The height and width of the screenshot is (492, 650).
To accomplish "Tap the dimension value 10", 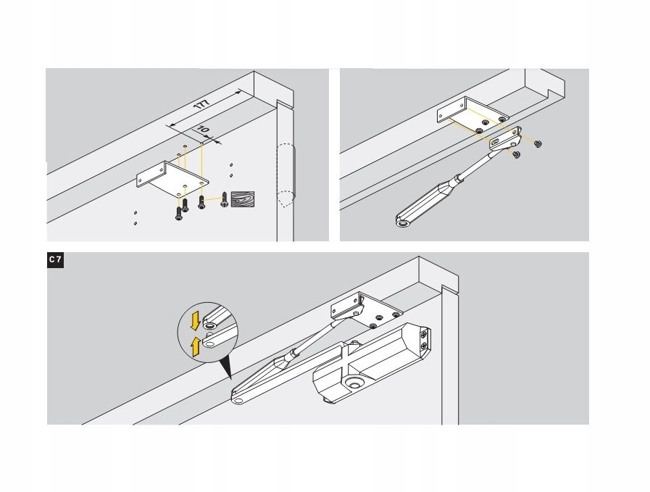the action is [203, 130].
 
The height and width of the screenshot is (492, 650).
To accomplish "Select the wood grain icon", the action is [243, 199].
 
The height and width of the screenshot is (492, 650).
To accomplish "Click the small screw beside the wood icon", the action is [224, 199].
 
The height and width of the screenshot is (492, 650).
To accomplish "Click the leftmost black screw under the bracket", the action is [179, 214].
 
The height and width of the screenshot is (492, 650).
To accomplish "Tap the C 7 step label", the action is [55, 260].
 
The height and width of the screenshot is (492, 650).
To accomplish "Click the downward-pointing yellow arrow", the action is [195, 322].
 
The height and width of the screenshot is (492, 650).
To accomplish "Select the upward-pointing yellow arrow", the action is [196, 347].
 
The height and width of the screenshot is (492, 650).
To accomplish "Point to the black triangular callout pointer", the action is [225, 369].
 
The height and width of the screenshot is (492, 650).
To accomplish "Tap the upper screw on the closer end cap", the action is [423, 333].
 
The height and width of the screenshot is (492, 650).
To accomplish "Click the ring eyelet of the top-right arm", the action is [401, 223].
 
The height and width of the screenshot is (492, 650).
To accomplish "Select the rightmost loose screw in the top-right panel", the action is [538, 143].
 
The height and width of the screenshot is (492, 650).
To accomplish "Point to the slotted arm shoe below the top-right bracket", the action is [506, 140].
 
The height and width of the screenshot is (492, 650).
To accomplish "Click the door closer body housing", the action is [371, 361].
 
